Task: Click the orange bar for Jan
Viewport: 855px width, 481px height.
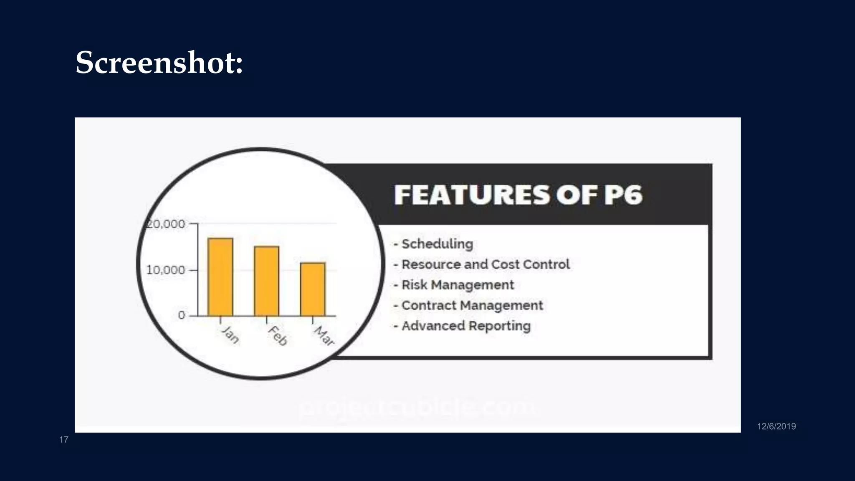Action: click(220, 276)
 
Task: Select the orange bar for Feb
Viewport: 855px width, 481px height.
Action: click(266, 281)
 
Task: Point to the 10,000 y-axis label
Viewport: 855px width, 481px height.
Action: click(165, 270)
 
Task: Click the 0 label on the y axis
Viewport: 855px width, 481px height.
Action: click(182, 315)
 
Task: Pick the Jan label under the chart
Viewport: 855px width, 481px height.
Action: click(230, 334)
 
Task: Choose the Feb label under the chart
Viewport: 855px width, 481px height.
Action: click(278, 336)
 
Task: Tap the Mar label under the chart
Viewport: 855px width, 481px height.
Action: click(324, 336)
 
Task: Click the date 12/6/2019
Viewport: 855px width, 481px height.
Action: click(776, 426)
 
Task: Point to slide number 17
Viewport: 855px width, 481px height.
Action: click(63, 440)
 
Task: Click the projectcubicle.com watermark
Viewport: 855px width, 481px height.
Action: click(417, 407)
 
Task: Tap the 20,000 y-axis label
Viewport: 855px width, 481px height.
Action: click(166, 224)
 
